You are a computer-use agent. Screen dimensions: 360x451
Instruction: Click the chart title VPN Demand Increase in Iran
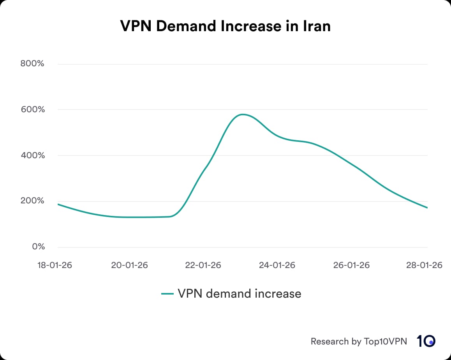[x=225, y=26]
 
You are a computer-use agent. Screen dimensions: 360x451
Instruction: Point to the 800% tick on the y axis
[x=33, y=64]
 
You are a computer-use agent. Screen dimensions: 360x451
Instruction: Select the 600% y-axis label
[x=33, y=109]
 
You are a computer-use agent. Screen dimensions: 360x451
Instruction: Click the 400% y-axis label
[x=33, y=155]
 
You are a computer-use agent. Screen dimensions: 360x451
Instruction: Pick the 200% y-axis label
[x=33, y=201]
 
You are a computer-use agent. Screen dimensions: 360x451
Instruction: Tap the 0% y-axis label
[x=38, y=247]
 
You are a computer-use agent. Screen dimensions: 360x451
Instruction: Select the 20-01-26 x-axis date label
[x=130, y=265]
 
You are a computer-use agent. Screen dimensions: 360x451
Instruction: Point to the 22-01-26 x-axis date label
[x=203, y=265]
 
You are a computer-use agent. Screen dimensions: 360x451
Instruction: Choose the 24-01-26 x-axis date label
[x=277, y=265]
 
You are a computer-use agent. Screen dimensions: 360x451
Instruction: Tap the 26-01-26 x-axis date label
[x=351, y=265]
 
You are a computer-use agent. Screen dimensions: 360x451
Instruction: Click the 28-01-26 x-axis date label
[x=424, y=265]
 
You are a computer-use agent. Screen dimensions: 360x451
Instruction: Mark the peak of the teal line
[x=243, y=114]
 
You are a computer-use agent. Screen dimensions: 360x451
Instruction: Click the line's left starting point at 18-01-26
[x=58, y=204]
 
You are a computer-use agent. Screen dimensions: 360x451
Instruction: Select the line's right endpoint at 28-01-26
[x=427, y=208]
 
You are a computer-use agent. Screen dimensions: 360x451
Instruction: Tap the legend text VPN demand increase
[x=239, y=293]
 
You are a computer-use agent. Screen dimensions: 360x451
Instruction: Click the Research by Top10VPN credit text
[x=359, y=341]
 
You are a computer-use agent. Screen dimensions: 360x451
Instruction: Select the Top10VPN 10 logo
[x=426, y=341]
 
